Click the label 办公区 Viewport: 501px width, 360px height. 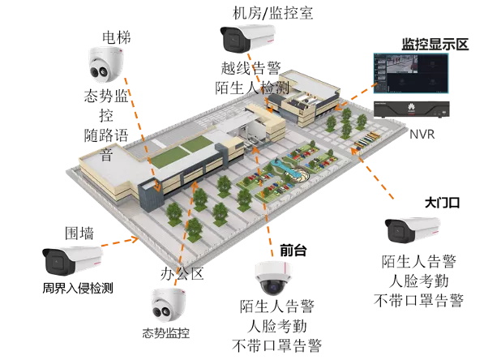pyautogui.click(x=182, y=273)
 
